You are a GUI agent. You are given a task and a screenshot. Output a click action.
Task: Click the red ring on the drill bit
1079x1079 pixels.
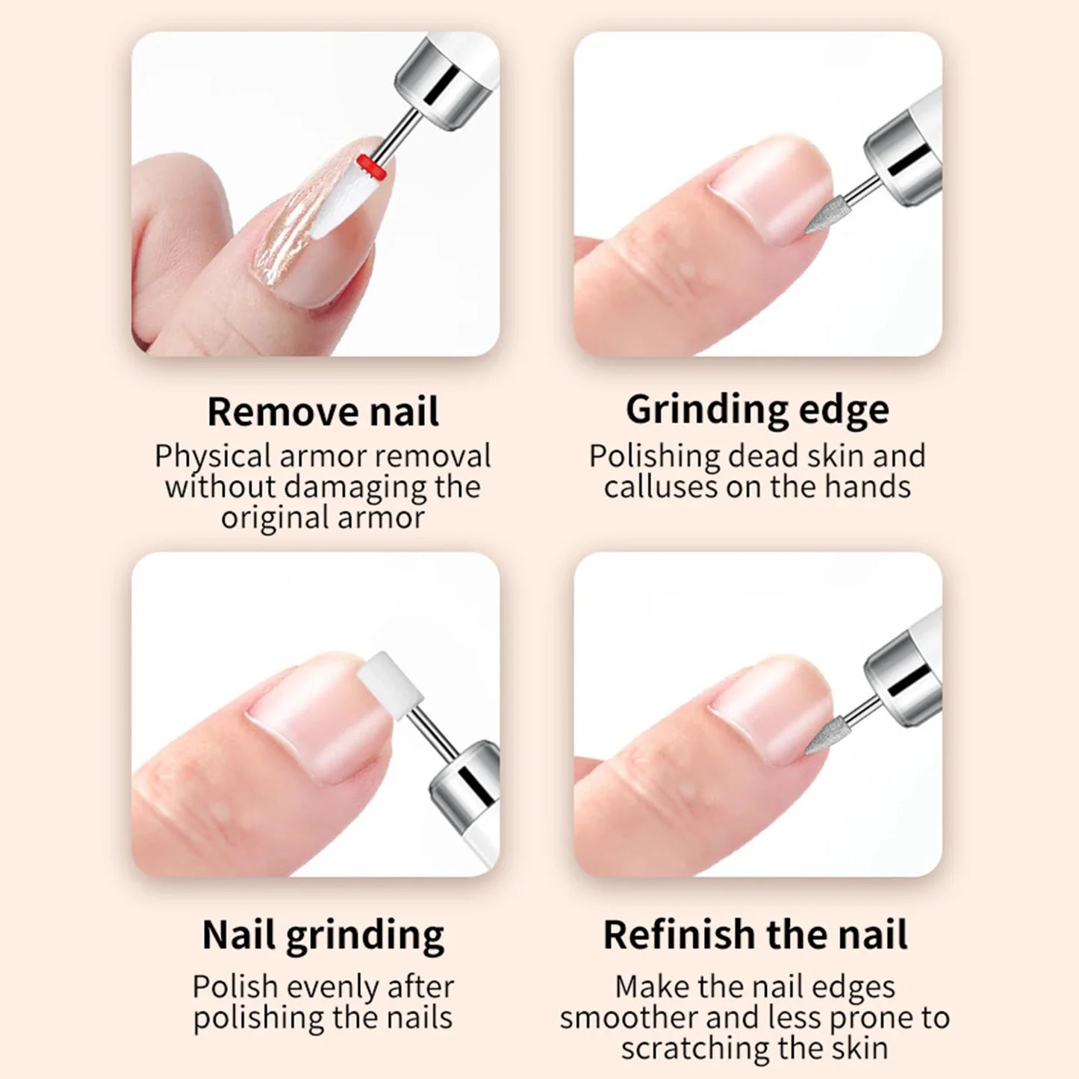(x=372, y=167)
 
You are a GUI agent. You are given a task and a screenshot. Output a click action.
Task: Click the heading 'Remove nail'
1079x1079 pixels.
(x=323, y=411)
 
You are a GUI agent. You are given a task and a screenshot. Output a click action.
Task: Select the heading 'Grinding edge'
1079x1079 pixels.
(x=757, y=410)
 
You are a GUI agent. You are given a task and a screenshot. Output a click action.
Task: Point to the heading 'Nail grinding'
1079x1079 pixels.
(x=323, y=935)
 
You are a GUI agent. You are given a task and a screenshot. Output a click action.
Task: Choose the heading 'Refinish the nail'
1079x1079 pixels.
(x=755, y=935)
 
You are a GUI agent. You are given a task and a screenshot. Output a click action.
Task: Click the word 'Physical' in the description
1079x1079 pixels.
(x=212, y=456)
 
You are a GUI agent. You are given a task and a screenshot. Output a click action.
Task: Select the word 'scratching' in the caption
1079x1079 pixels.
(x=699, y=1048)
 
